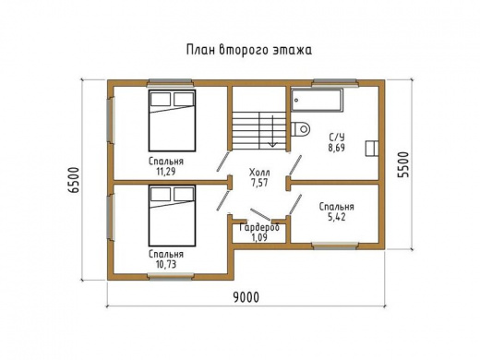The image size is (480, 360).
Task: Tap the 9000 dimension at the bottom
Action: pyautogui.click(x=245, y=296)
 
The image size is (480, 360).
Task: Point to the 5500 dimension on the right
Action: pyautogui.click(x=402, y=163)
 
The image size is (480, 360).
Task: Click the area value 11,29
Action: pyautogui.click(x=167, y=172)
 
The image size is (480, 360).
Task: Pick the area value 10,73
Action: pyautogui.click(x=167, y=263)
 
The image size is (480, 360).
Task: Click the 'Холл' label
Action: pyautogui.click(x=260, y=171)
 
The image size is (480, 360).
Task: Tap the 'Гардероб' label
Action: pyautogui.click(x=258, y=227)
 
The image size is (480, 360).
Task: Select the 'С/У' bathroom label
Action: pyautogui.click(x=336, y=136)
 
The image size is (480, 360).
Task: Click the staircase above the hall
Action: pyautogui.click(x=259, y=127)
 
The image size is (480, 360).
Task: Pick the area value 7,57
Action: pyautogui.click(x=260, y=182)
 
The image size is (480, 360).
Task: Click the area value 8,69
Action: pyautogui.click(x=336, y=147)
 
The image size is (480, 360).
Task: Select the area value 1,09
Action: pyautogui.click(x=258, y=237)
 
